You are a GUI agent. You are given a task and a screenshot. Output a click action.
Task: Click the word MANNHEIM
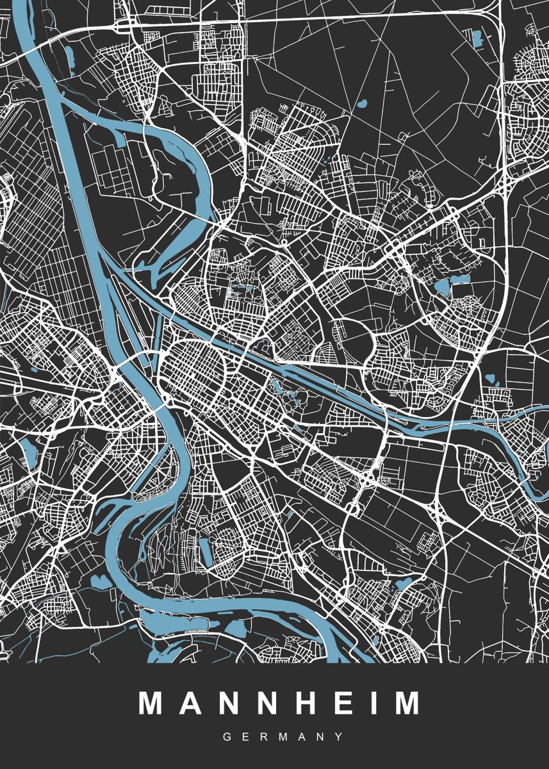coord(280,703)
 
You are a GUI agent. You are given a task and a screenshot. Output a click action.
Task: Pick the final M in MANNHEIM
coord(406,703)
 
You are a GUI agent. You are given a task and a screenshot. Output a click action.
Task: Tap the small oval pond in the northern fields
coord(362,103)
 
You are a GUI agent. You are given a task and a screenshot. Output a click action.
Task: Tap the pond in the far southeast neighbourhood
coord(405,583)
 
